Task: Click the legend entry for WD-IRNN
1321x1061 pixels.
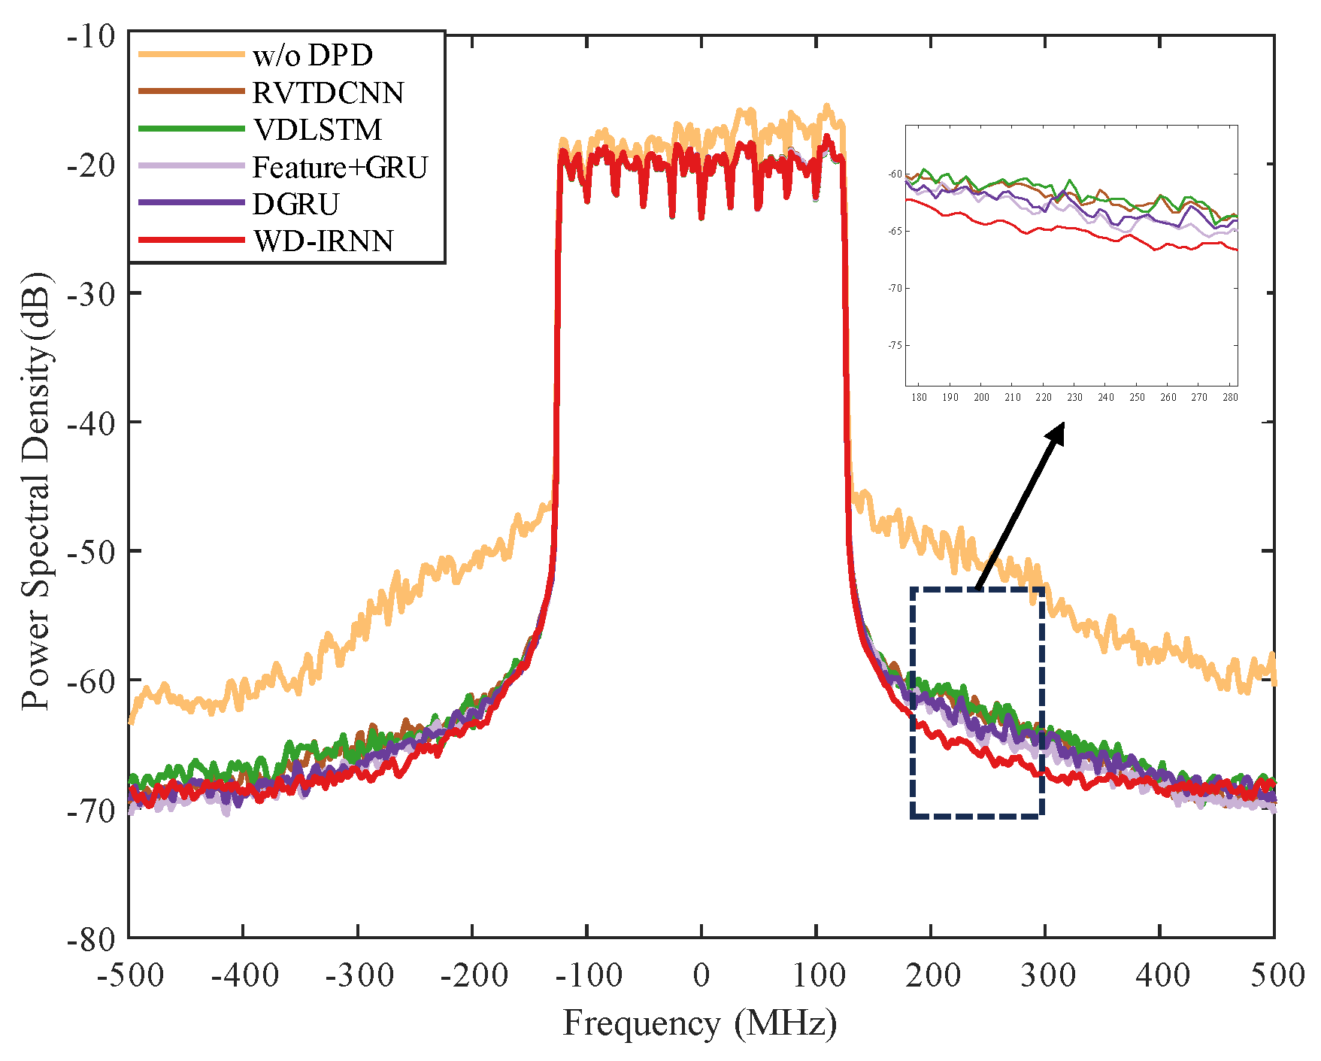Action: tap(323, 241)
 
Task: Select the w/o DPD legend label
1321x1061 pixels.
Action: tap(313, 56)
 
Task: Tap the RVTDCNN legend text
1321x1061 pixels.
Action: tap(328, 92)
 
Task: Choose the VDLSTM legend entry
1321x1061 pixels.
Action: tap(317, 129)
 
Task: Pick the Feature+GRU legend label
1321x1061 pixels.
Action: tap(340, 167)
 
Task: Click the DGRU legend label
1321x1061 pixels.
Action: tap(295, 204)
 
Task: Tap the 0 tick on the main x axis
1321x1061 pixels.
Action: tap(701, 975)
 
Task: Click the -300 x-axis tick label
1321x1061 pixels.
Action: tap(357, 975)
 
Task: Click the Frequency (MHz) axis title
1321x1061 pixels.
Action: tap(700, 1023)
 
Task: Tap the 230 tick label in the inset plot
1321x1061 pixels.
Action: tap(1074, 397)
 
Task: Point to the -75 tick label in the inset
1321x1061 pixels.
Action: tap(895, 346)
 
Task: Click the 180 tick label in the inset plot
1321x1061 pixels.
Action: tap(919, 397)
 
